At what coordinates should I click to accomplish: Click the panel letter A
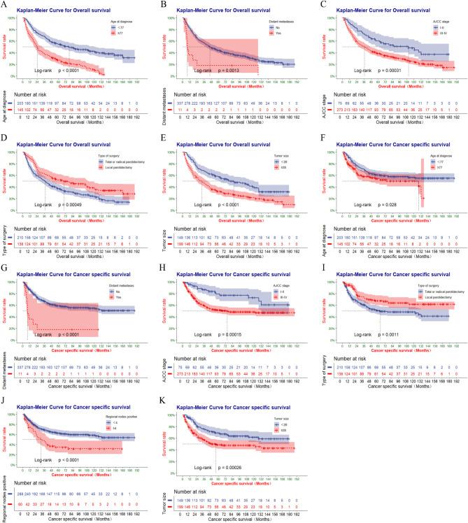tap(4, 4)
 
